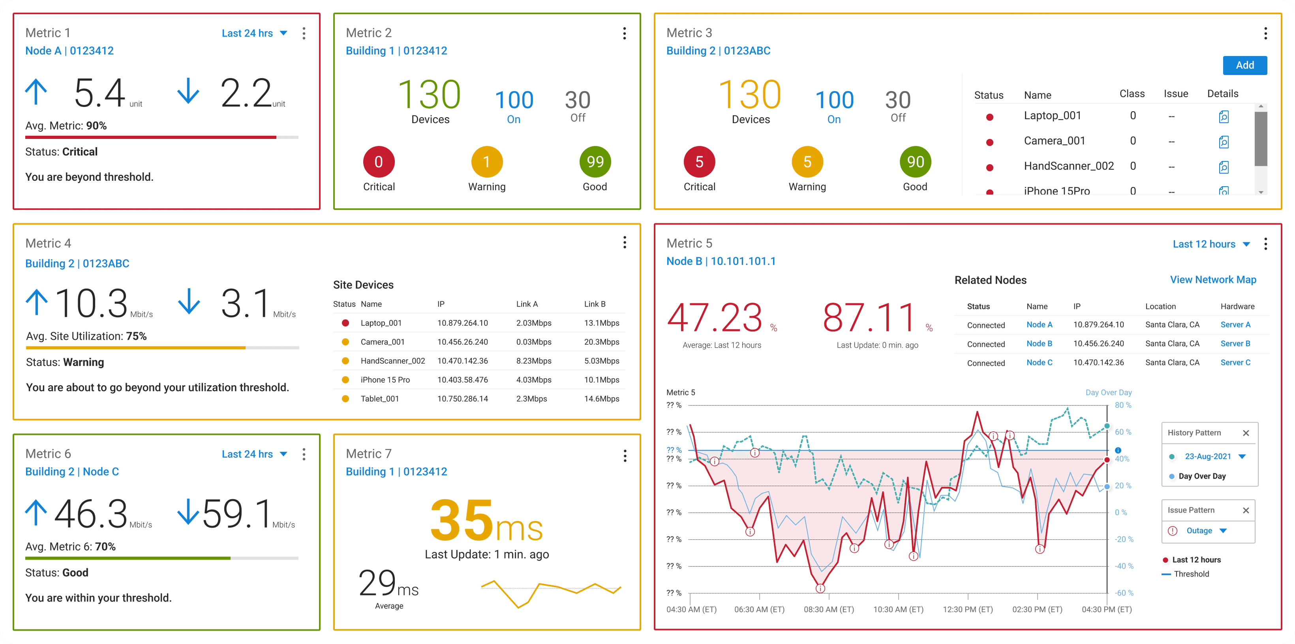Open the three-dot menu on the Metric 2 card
(x=624, y=34)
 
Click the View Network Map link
(x=1212, y=280)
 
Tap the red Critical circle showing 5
(x=699, y=162)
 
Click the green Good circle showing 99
(x=595, y=162)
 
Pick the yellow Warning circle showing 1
(x=487, y=162)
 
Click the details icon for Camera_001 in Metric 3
(x=1224, y=142)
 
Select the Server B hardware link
(x=1235, y=344)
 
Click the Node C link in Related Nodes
(x=1039, y=363)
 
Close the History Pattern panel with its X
(x=1246, y=433)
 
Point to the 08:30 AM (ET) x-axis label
(x=828, y=609)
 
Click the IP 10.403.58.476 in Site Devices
(x=462, y=380)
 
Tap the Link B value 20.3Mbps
(x=601, y=342)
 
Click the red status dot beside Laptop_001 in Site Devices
(x=345, y=323)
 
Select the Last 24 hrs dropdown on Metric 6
(x=254, y=454)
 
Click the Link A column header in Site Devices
(x=527, y=304)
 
